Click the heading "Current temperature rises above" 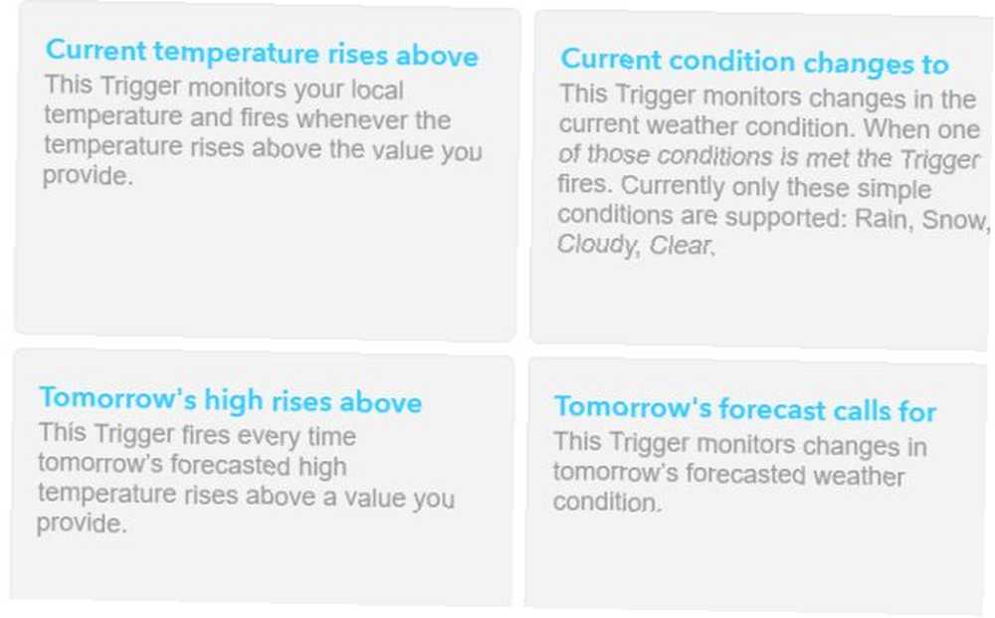pos(262,53)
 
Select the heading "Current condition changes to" pos(754,62)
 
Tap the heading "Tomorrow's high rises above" pos(231,400)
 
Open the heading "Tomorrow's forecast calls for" pos(745,409)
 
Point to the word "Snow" pos(955,220)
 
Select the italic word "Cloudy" pos(596,244)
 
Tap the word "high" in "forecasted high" pos(321,467)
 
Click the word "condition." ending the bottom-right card pos(608,502)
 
